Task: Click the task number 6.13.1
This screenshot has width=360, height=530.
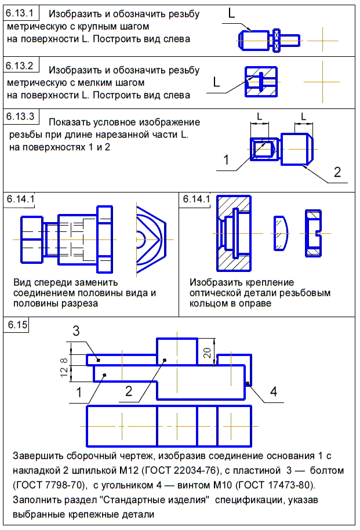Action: (x=20, y=13)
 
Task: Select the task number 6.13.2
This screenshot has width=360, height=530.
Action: (x=20, y=66)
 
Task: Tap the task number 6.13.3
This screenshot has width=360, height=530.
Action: (x=20, y=117)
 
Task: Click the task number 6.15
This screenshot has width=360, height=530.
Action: (x=17, y=325)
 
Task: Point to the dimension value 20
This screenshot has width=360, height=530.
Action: (x=207, y=353)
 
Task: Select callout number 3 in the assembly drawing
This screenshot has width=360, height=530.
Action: (x=76, y=331)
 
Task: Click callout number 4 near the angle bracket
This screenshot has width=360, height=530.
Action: (x=274, y=391)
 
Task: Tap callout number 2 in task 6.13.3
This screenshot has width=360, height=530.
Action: (x=337, y=172)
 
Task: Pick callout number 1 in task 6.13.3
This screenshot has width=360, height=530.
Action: (x=226, y=159)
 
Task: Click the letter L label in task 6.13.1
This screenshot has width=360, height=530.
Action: (x=231, y=13)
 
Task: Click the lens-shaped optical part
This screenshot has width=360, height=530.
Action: (x=281, y=233)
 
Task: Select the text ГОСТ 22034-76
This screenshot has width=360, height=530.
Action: (x=186, y=470)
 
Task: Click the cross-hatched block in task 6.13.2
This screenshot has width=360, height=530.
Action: (x=261, y=82)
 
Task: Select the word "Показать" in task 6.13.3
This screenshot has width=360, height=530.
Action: (x=70, y=122)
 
